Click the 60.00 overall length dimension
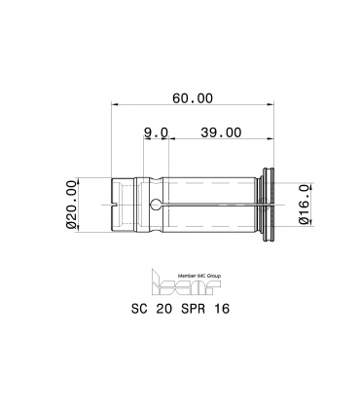[193, 98]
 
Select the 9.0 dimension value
[157, 132]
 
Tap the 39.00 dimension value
[221, 132]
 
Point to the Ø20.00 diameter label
[71, 205]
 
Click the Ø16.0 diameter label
[304, 205]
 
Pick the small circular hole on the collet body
[156, 205]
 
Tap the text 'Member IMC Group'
[199, 276]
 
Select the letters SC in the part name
[139, 309]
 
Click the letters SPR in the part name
[194, 309]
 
